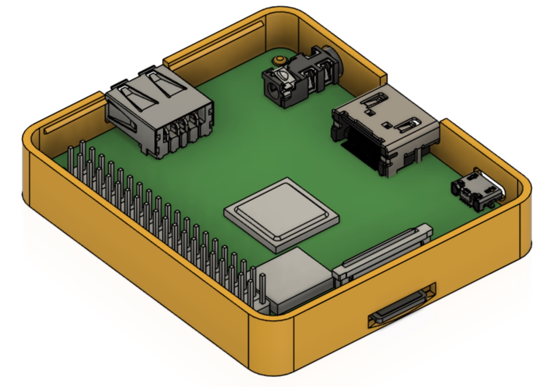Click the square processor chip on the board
coord(281,214)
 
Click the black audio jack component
coord(296,80)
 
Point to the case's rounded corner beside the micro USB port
coord(522,202)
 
